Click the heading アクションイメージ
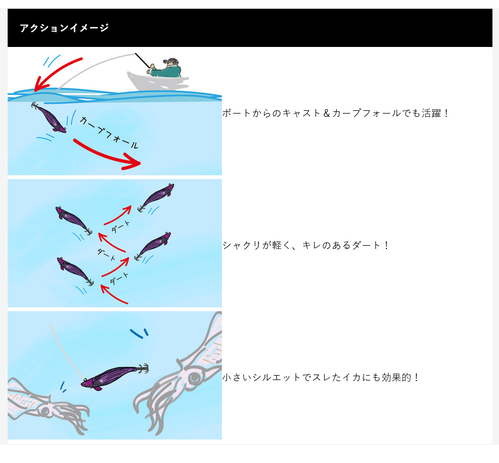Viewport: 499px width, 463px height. (64, 28)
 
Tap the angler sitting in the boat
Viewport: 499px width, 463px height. (166, 68)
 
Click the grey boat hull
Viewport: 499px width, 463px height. (157, 82)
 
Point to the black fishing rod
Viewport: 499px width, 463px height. (142, 61)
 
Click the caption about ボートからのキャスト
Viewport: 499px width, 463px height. (336, 113)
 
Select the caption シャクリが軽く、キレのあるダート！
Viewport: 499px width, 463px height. (306, 245)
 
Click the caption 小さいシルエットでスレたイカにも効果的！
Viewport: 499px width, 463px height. (320, 377)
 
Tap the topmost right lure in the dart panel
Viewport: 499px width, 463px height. (156, 197)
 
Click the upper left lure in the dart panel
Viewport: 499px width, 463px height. (74, 220)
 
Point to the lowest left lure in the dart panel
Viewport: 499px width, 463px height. (75, 271)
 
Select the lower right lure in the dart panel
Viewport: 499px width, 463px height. (152, 246)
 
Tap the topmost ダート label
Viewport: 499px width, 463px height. (121, 227)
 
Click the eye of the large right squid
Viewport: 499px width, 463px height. (194, 378)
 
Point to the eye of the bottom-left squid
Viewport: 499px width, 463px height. (45, 411)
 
